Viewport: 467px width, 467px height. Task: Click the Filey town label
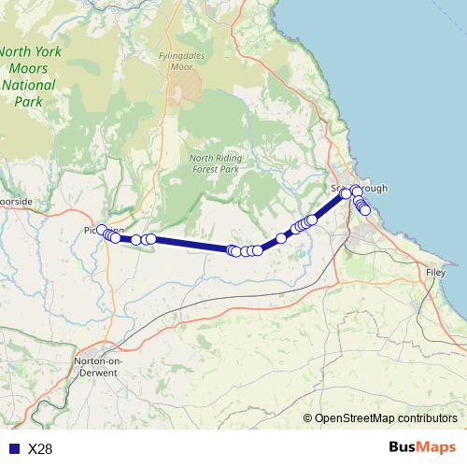pyautogui.click(x=436, y=272)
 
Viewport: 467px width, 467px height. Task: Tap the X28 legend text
pyautogui.click(x=40, y=449)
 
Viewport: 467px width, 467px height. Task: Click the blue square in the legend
pyautogui.click(x=13, y=449)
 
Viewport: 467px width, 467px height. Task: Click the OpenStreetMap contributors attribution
pyautogui.click(x=386, y=419)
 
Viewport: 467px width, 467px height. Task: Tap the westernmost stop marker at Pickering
pyautogui.click(x=102, y=229)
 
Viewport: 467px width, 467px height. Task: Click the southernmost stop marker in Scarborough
pyautogui.click(x=365, y=211)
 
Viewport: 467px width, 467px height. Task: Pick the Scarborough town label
pyautogui.click(x=359, y=188)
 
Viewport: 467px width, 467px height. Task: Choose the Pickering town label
pyautogui.click(x=103, y=230)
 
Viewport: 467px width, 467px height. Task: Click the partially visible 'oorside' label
pyautogui.click(x=16, y=201)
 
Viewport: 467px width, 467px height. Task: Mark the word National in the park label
pyautogui.click(x=28, y=85)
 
